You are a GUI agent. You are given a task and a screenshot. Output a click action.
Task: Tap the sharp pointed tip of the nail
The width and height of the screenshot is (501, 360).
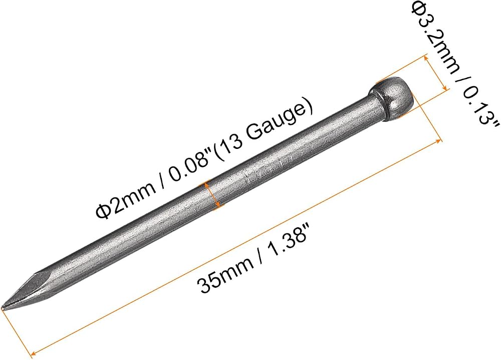(3, 308)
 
